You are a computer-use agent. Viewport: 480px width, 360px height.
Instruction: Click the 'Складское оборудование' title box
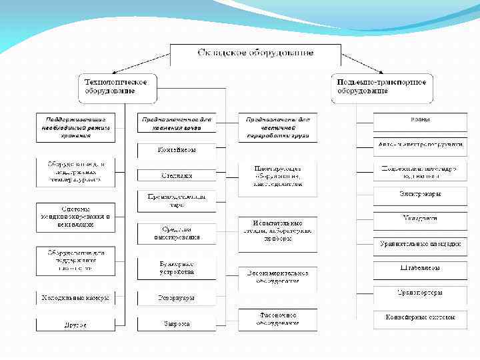(256, 52)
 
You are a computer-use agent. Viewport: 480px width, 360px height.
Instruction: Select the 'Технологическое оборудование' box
(119, 87)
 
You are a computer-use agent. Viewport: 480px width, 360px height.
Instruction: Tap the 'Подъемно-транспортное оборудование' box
(382, 87)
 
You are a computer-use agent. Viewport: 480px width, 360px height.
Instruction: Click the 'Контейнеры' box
(177, 150)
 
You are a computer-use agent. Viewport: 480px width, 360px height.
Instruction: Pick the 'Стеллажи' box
(177, 175)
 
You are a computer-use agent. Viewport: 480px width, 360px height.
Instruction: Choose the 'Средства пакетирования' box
(177, 233)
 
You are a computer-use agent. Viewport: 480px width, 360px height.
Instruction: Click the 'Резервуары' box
(177, 298)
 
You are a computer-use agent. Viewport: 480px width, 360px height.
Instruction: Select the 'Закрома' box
(177, 324)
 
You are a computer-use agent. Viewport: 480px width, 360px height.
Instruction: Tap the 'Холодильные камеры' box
(75, 297)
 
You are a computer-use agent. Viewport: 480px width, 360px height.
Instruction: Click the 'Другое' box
(75, 325)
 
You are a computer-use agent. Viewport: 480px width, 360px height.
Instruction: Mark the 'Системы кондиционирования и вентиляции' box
(75, 217)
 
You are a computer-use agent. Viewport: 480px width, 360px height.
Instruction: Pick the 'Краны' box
(419, 121)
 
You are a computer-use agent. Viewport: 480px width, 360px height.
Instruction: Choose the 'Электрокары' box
(419, 195)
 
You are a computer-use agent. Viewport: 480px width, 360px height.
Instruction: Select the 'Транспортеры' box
(419, 292)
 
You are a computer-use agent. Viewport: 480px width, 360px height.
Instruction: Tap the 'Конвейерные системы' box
(419, 317)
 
